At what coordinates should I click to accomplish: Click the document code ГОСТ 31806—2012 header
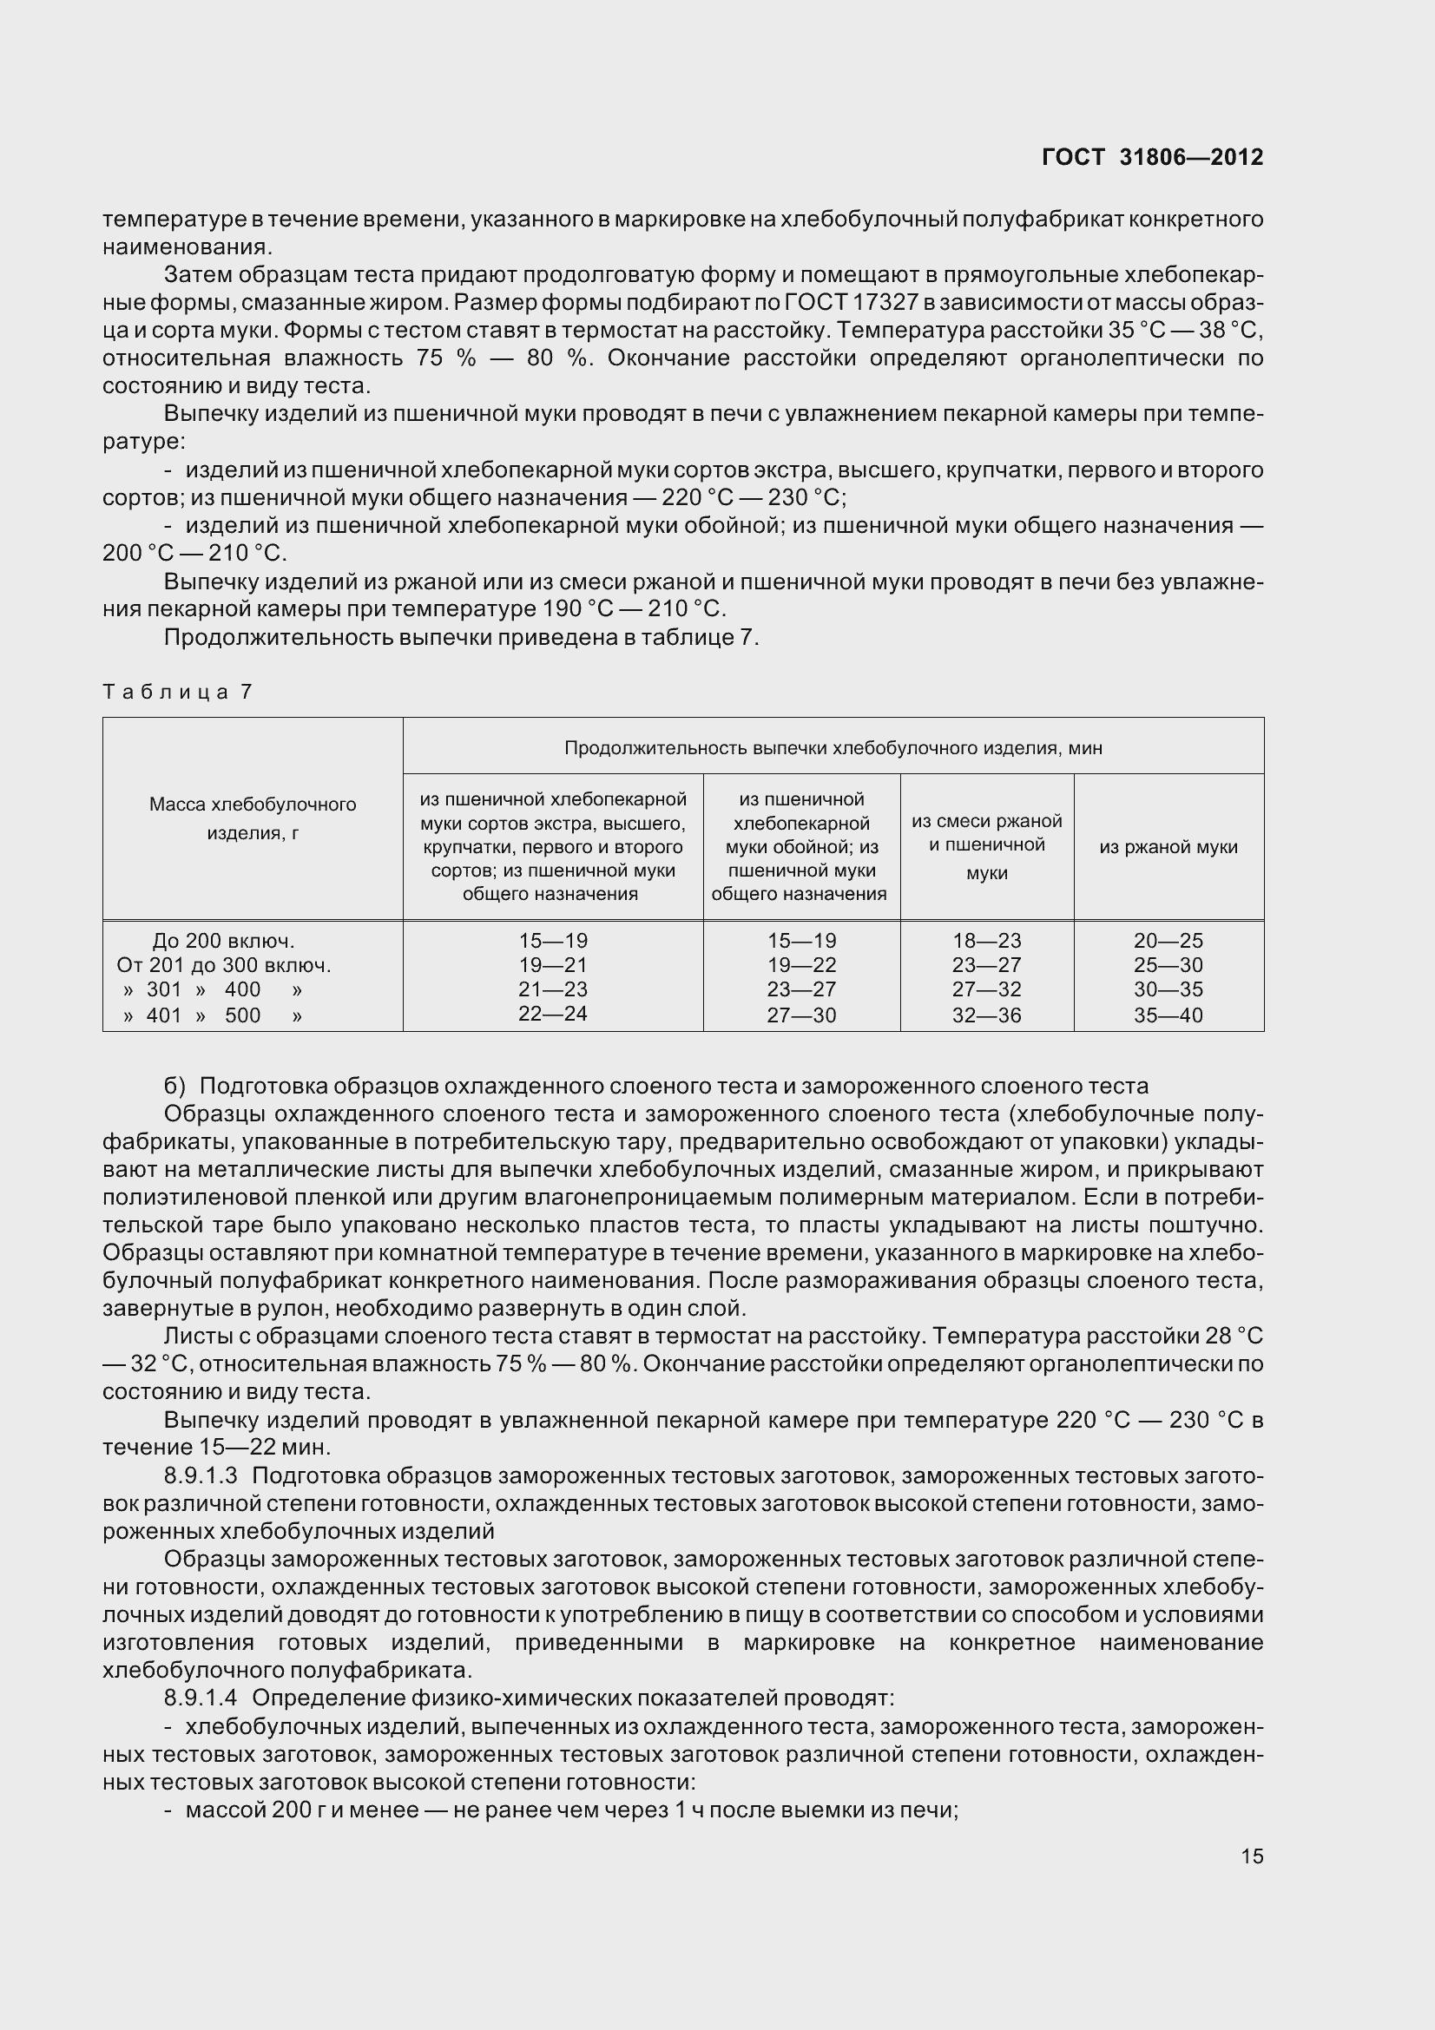1152,157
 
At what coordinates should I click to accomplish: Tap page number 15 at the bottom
1251,1856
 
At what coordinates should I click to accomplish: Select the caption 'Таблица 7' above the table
178,692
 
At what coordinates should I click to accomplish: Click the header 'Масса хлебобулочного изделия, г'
252,818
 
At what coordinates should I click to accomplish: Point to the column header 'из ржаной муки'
1168,847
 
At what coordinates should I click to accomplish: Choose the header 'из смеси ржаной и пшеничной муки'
987,846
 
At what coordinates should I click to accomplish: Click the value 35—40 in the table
1168,1015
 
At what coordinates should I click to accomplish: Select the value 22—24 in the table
553,1013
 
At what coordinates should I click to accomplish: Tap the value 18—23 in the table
987,941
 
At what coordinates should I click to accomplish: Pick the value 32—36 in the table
987,1015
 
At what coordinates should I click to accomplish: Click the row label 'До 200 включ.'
224,941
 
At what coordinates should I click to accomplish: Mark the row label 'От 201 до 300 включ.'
224,964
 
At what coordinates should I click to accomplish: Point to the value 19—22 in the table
801,964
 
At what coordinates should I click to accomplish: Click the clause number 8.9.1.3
201,1475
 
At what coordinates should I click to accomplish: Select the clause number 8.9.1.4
201,1698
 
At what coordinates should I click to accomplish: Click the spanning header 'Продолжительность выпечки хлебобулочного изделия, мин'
833,748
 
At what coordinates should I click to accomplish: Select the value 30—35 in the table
1168,989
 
